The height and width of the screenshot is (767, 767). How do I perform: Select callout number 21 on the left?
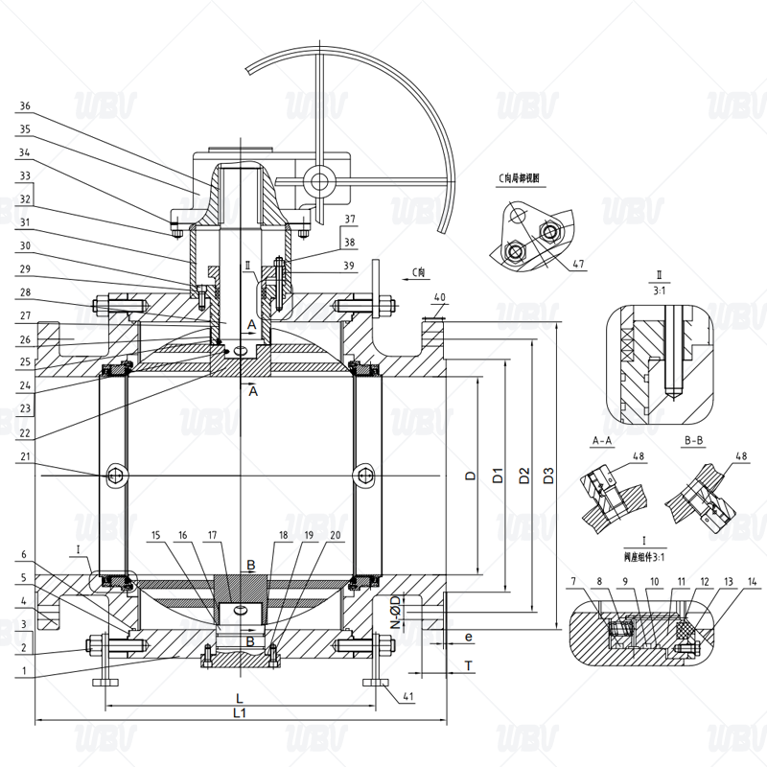(x=25, y=457)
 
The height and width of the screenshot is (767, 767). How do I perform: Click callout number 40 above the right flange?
(x=439, y=297)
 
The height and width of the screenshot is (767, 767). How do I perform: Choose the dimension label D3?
(x=548, y=475)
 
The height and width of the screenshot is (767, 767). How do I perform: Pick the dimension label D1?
(x=498, y=475)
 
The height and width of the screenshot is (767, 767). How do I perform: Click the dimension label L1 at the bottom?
(x=241, y=713)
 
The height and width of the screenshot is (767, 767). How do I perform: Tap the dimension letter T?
(x=468, y=663)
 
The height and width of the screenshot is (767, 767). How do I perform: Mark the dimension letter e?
(x=468, y=636)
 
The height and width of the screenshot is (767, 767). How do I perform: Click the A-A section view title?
(x=602, y=441)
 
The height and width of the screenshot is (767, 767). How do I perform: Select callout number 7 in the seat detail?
(x=571, y=582)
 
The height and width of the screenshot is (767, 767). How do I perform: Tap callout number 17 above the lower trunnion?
(x=213, y=536)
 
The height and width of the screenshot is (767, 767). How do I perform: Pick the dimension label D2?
(x=523, y=475)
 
